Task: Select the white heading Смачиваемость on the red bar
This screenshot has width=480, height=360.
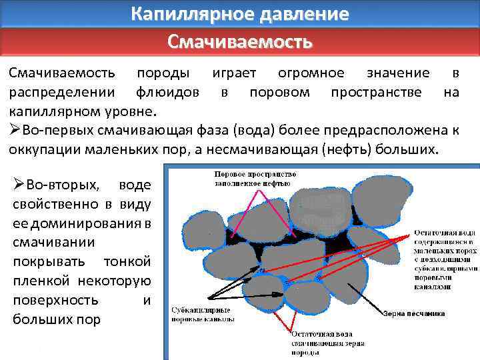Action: [x=239, y=42]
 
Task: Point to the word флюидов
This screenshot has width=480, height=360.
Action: [x=166, y=92]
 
